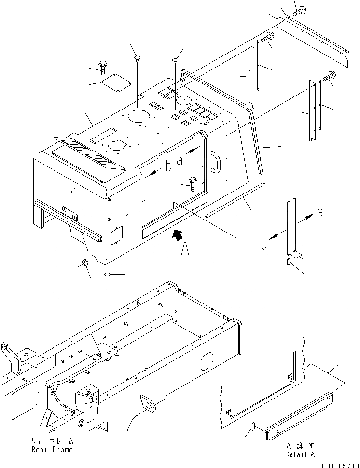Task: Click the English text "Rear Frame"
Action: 53,450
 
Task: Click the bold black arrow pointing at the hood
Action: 178,234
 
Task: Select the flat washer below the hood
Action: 107,275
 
